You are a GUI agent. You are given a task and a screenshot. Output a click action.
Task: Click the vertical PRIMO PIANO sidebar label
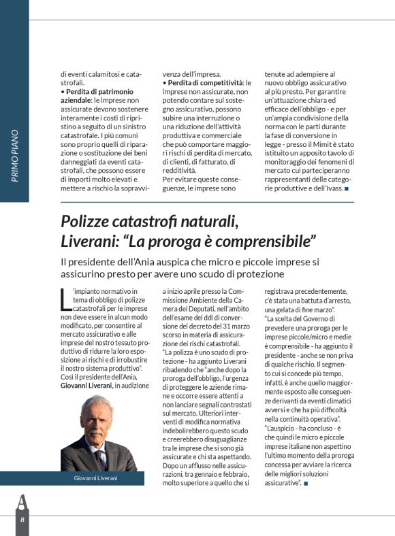pos(15,156)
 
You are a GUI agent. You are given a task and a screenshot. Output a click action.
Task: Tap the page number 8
pos(22,519)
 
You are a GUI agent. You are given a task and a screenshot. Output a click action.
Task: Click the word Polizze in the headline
pos(86,221)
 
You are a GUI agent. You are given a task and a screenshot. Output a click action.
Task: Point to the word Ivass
pos(332,188)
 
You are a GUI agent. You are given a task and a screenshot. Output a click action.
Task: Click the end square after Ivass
pos(347,188)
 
